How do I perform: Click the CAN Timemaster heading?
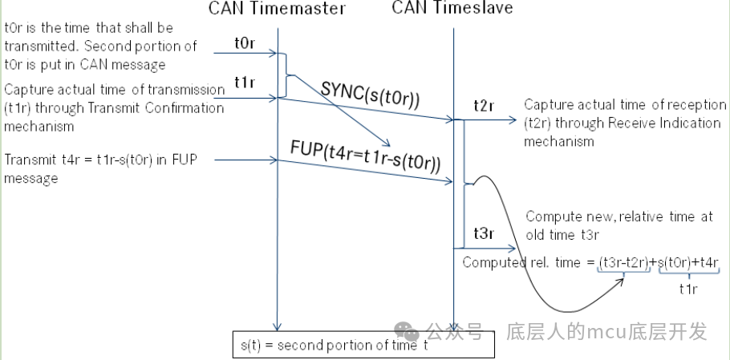[x=277, y=9]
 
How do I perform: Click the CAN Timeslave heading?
[x=452, y=8]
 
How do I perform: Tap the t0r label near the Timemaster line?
[x=245, y=44]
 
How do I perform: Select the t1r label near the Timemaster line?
[x=245, y=83]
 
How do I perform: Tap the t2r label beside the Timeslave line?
[x=484, y=106]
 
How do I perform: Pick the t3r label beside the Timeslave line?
[x=483, y=234]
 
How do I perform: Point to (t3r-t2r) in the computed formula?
[x=625, y=262]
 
